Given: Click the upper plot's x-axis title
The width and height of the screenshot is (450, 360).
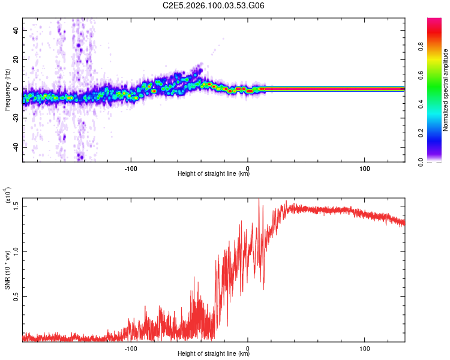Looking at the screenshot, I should pyautogui.click(x=214, y=174).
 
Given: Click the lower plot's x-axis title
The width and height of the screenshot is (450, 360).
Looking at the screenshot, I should pyautogui.click(x=214, y=353).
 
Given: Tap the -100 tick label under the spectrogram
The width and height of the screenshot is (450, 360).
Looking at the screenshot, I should pyautogui.click(x=131, y=167).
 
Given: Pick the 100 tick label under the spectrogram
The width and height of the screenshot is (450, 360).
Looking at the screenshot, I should pyautogui.click(x=364, y=167).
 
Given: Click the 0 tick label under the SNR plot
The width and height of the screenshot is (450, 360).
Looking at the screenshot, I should pyautogui.click(x=248, y=347).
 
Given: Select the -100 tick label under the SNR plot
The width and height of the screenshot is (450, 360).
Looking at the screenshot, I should pyautogui.click(x=131, y=347).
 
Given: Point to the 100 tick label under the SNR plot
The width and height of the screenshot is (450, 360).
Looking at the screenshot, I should pyautogui.click(x=364, y=347).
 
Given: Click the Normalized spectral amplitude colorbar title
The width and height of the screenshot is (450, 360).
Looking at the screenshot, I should pyautogui.click(x=445, y=90).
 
